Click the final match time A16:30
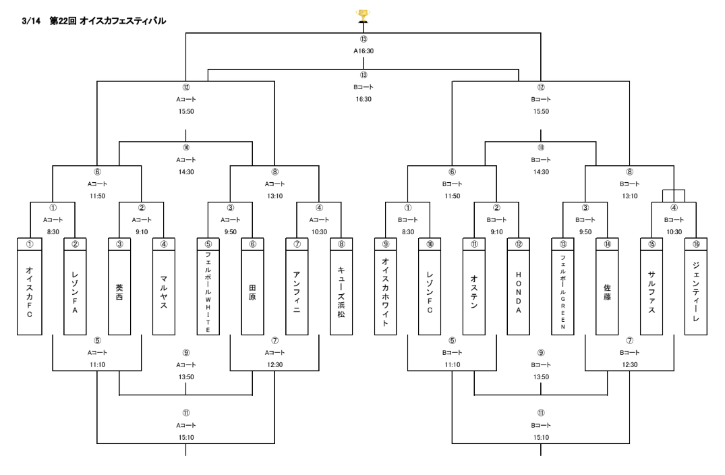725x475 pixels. tap(364, 50)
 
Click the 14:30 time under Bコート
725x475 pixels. tap(541, 171)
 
